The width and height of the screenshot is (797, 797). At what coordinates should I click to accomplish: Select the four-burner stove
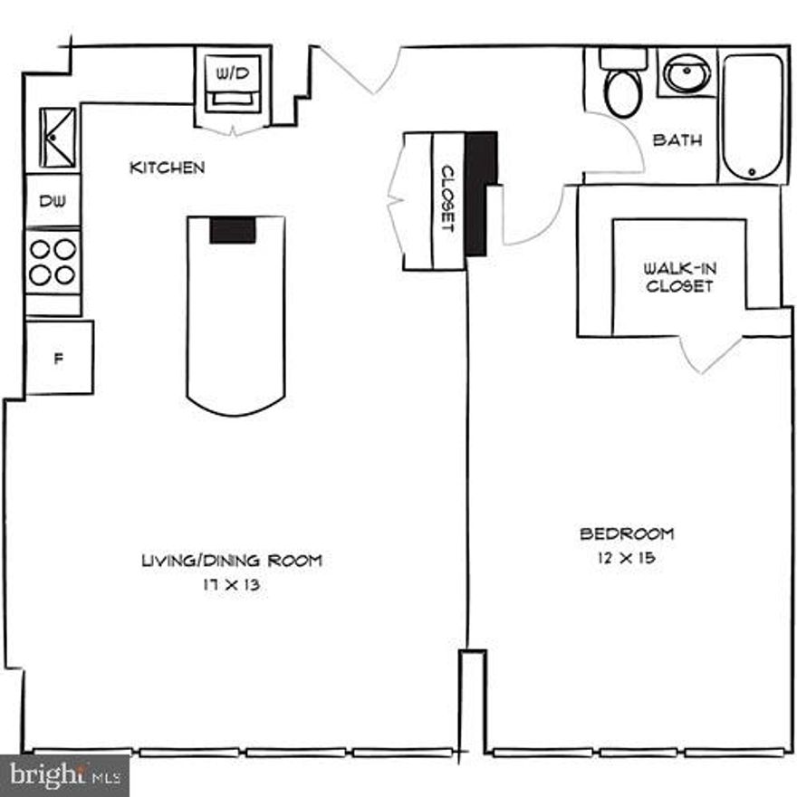coord(52,261)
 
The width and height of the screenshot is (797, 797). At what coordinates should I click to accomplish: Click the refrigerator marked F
coord(59,358)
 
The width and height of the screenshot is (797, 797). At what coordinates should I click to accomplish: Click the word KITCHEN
coord(168,168)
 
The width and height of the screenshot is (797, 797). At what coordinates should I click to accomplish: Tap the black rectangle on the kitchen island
coord(234,230)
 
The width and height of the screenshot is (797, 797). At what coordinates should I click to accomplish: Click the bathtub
coord(752,118)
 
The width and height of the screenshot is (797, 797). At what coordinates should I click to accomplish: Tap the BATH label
coord(677,140)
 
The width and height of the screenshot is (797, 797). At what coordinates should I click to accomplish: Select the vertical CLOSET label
coord(447,199)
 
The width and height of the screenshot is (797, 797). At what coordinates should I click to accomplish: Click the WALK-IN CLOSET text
coord(678,277)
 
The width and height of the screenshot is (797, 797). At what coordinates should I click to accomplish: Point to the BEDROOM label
coord(627,533)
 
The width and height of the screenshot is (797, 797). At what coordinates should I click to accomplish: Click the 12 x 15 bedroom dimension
coord(627,558)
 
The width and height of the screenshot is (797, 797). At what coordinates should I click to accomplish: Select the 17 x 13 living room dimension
coord(231,585)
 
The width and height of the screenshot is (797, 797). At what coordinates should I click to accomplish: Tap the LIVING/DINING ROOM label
coord(231,561)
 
